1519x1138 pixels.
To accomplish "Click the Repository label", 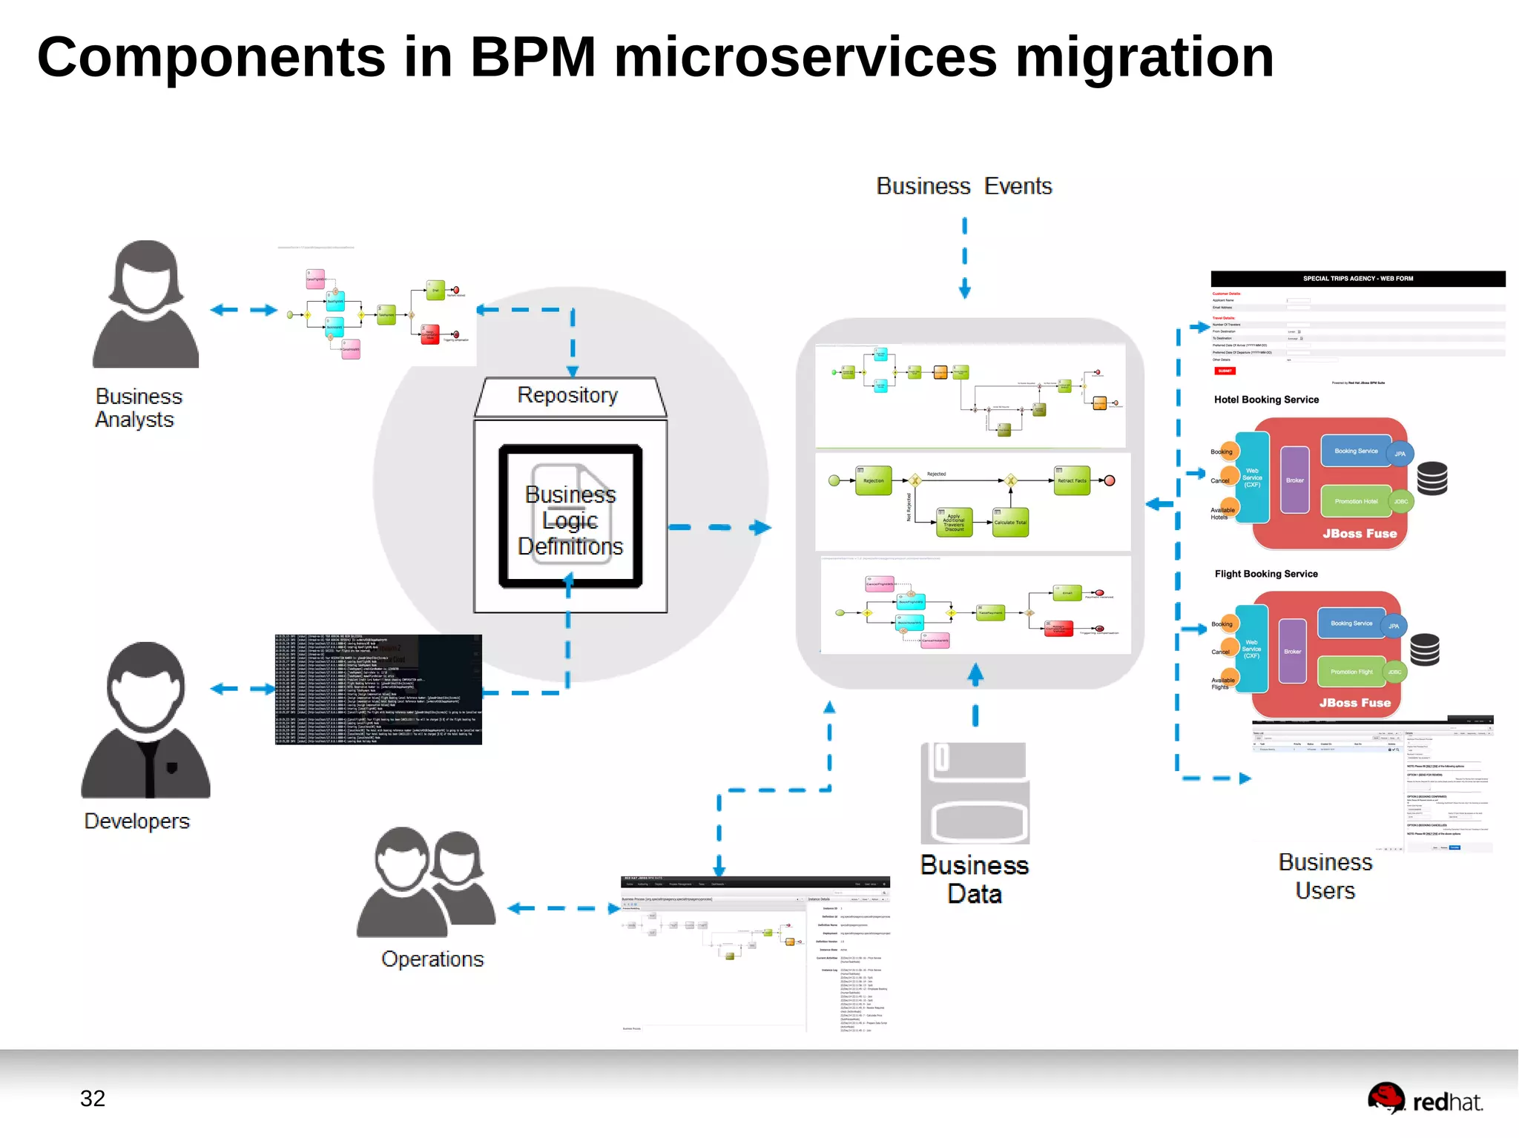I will tap(567, 395).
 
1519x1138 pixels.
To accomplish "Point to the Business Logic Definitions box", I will tap(570, 517).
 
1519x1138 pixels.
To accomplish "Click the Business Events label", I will tap(964, 186).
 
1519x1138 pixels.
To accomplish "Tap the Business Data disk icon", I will tap(975, 793).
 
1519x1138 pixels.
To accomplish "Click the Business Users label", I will tap(1325, 876).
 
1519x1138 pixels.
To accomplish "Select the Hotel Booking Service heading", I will tap(1266, 400).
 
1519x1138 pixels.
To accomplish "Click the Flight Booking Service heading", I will tap(1266, 574).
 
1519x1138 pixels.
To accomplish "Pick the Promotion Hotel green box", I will tap(1356, 502).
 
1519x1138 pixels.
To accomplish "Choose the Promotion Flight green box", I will tap(1351, 672).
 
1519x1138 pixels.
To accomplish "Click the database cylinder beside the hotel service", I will tap(1431, 478).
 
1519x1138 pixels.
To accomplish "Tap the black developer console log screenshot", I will tap(378, 689).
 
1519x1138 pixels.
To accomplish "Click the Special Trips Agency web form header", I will tap(1357, 279).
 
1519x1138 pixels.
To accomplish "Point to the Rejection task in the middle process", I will tap(873, 480).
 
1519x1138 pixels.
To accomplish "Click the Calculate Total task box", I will tap(1010, 522).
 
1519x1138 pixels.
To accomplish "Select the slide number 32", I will tap(93, 1098).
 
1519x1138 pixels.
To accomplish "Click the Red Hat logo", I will tap(1425, 1099).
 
